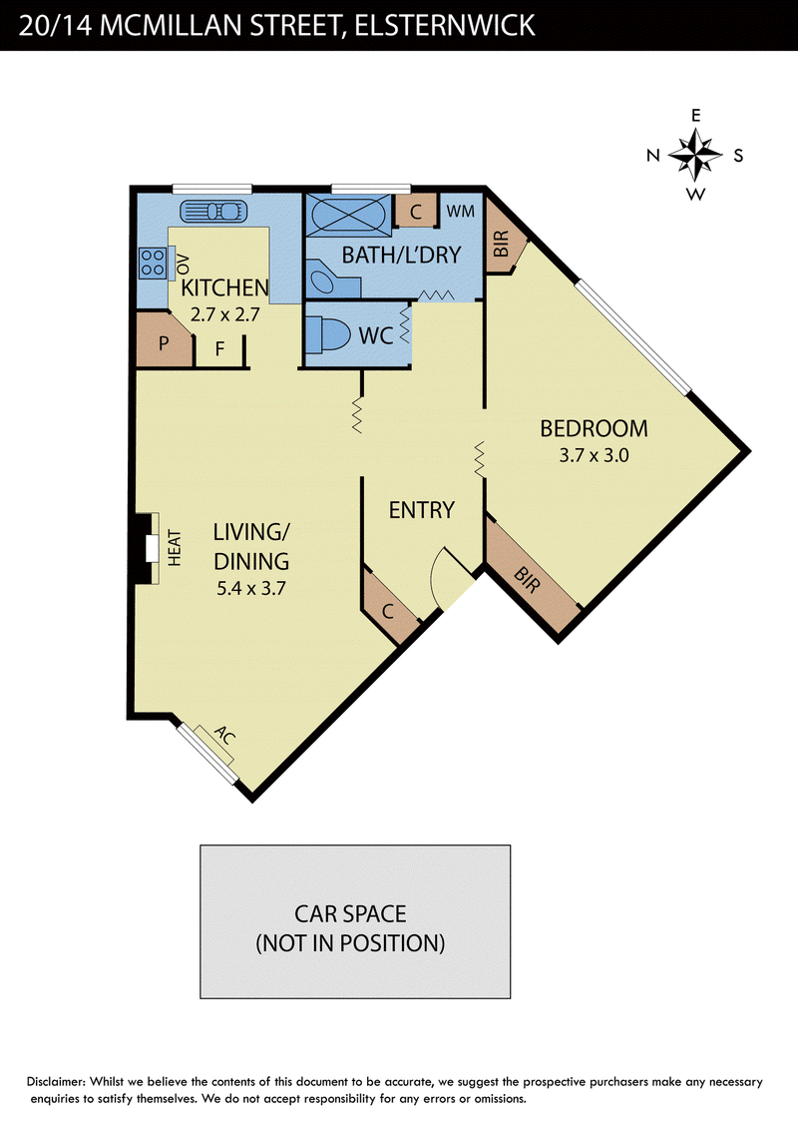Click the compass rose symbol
(695, 154)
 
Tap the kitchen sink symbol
(213, 212)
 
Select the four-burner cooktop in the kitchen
(152, 263)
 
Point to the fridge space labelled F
(219, 349)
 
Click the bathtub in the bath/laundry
(349, 214)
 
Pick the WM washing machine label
(460, 212)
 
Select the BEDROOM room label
(595, 429)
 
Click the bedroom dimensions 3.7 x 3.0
(595, 455)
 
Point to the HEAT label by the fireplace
(175, 548)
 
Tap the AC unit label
(224, 736)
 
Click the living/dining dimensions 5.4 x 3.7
(251, 588)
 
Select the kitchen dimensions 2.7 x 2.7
(224, 314)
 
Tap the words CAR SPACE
(350, 913)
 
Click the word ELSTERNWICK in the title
(445, 26)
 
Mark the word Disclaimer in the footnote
(56, 1082)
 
